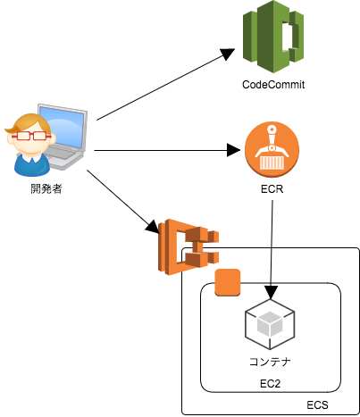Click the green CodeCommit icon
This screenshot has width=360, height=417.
click(273, 37)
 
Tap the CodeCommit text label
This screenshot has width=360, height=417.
click(273, 85)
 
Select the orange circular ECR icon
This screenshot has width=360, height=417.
click(272, 149)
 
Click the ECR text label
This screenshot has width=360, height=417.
click(272, 189)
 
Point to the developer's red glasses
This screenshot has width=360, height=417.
click(31, 136)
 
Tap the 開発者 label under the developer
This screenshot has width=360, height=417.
click(46, 188)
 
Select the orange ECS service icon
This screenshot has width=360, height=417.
click(188, 246)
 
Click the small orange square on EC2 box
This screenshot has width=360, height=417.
click(228, 282)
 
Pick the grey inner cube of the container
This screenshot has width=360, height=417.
click(270, 323)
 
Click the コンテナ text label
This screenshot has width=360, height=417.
click(270, 362)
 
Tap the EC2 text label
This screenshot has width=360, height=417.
click(270, 384)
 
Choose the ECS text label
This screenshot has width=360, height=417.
click(317, 405)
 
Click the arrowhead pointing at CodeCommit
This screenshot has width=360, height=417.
click(228, 54)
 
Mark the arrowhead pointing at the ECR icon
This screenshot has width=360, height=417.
click(233, 150)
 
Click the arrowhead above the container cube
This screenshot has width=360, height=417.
click(271, 292)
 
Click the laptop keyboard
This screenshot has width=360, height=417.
click(61, 154)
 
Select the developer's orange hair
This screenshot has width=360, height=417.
click(29, 123)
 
